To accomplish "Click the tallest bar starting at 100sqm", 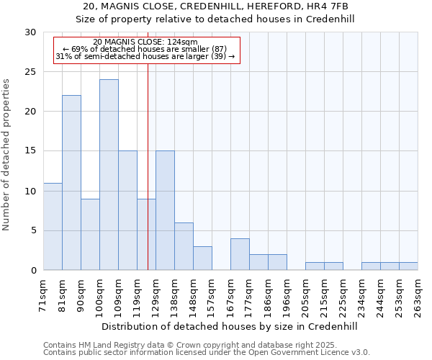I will (x=109, y=175).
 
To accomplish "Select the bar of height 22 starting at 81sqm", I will (x=71, y=183).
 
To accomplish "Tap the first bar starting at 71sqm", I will (x=53, y=227).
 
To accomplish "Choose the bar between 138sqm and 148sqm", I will (x=184, y=246).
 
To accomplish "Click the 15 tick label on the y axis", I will (x=30, y=151).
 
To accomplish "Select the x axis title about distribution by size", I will (x=230, y=326).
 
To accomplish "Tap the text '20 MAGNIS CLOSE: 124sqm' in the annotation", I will (x=145, y=42).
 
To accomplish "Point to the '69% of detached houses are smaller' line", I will (x=145, y=49).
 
